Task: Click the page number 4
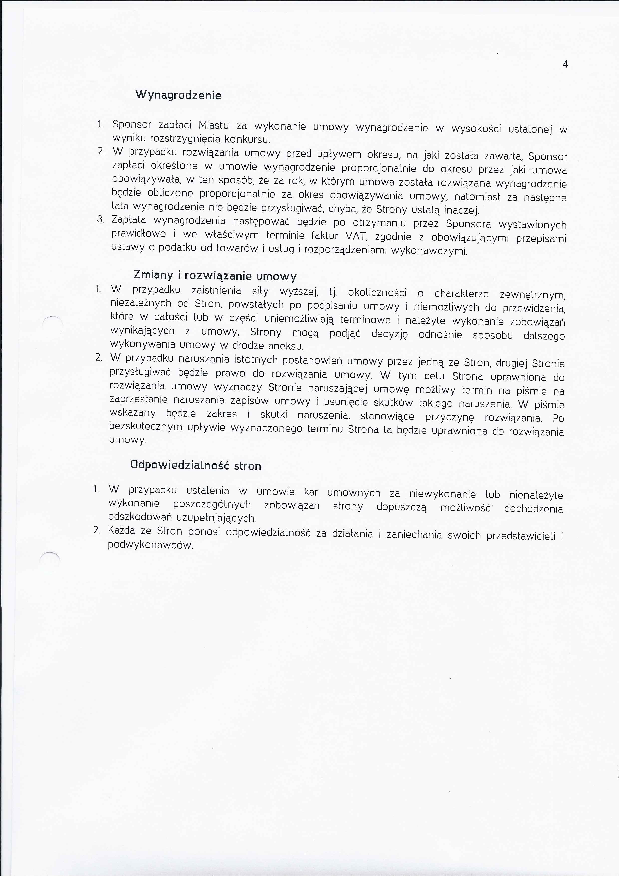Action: tap(565, 64)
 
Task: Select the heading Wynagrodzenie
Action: tap(178, 95)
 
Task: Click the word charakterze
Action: tap(462, 294)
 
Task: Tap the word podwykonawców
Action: tap(150, 545)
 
